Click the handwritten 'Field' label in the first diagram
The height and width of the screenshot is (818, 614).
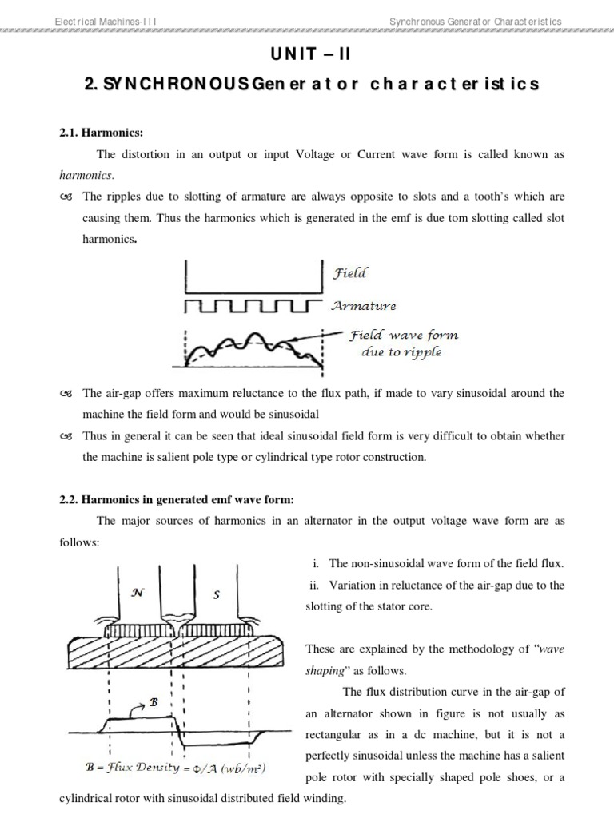pos(349,273)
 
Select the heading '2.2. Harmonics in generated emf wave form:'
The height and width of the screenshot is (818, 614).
pos(177,500)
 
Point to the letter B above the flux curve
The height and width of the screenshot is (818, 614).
pos(154,701)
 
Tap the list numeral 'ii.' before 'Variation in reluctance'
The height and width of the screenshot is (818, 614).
pos(313,586)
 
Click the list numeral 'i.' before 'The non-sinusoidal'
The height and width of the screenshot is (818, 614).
pos(313,564)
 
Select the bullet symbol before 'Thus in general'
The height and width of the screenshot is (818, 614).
pos(66,436)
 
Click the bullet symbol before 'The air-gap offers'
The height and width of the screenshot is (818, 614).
pos(66,394)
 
